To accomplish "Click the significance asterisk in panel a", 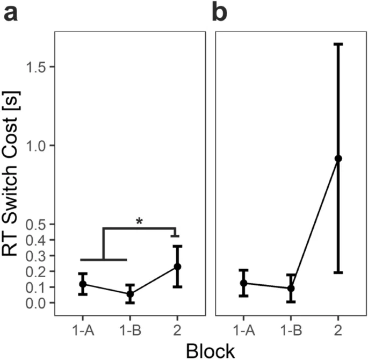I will tap(139, 221).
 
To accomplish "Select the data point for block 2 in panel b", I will tap(338, 159).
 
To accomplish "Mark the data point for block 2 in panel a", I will tap(177, 267).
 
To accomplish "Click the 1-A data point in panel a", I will tap(83, 284).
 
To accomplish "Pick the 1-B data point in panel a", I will tap(130, 294).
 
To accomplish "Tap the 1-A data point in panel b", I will tap(243, 283).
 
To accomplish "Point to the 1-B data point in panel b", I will tap(291, 288).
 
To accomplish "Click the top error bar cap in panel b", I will tap(338, 44).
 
